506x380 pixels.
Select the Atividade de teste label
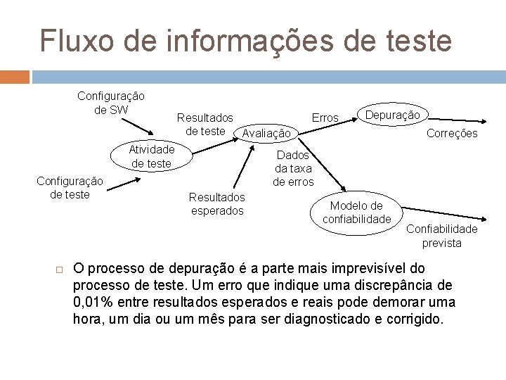pyautogui.click(x=151, y=156)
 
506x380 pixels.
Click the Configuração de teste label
pyautogui.click(x=70, y=188)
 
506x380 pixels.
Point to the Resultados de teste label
pyautogui.click(x=205, y=124)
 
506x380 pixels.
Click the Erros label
pyautogui.click(x=325, y=118)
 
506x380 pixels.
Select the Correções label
pyautogui.click(x=453, y=133)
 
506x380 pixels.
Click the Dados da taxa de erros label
pyautogui.click(x=293, y=168)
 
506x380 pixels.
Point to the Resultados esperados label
pyautogui.click(x=216, y=204)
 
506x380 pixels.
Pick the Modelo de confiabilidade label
pyautogui.click(x=357, y=213)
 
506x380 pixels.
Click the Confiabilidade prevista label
pyautogui.click(x=441, y=236)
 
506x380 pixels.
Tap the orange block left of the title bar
pyautogui.click(x=15, y=75)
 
